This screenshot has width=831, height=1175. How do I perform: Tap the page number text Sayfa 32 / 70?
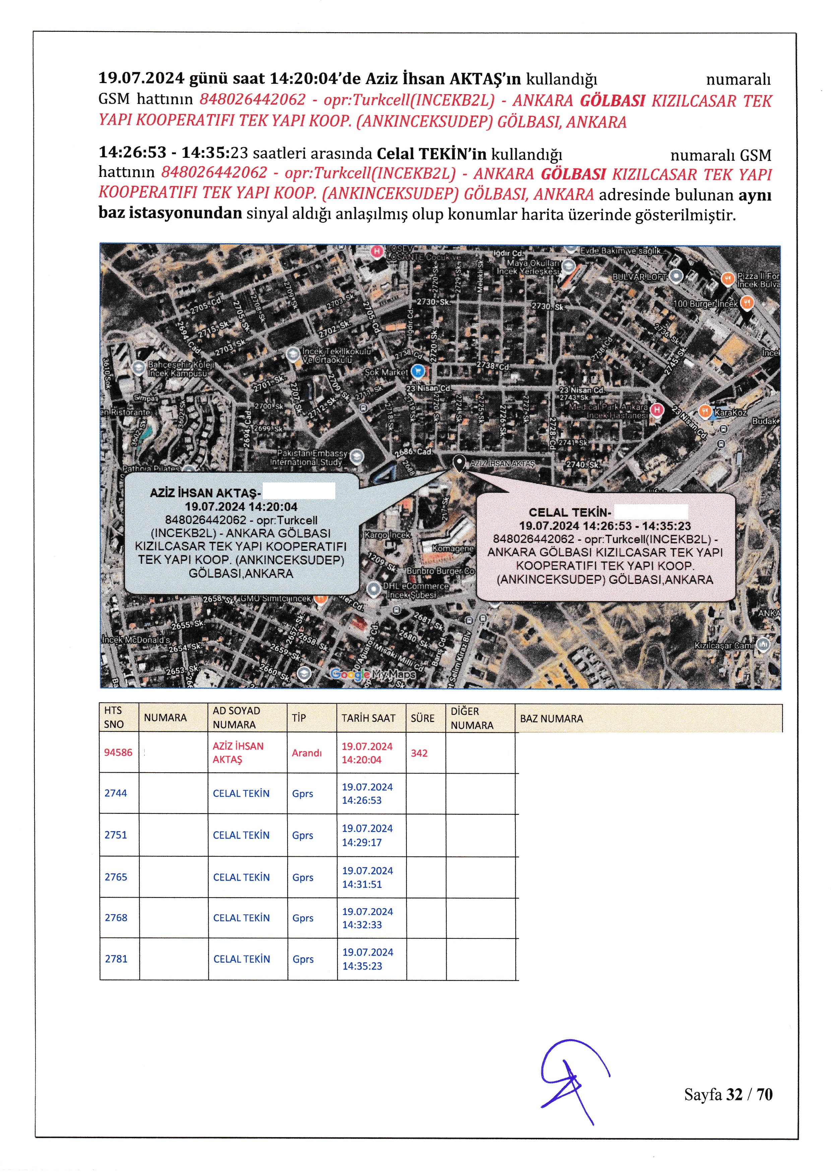[x=728, y=1094]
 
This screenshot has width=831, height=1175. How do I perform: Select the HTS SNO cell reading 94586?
[x=118, y=752]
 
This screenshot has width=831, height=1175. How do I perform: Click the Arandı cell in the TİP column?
[x=307, y=753]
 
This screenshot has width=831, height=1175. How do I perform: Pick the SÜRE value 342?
[x=419, y=753]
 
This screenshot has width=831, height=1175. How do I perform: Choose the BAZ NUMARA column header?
[x=552, y=719]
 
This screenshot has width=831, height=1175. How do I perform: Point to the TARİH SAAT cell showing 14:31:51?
[x=362, y=877]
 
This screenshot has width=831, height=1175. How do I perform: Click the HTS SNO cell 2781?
[x=116, y=959]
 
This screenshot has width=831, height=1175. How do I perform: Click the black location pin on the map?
[x=459, y=463]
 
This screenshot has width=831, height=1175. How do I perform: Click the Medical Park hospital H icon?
[x=656, y=409]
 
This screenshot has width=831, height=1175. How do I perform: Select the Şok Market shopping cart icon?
[x=418, y=371]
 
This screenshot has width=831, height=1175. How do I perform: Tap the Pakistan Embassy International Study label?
[x=311, y=458]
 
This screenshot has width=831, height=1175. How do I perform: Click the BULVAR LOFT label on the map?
[x=640, y=277]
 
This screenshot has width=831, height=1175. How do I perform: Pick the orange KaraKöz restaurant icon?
[x=705, y=411]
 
